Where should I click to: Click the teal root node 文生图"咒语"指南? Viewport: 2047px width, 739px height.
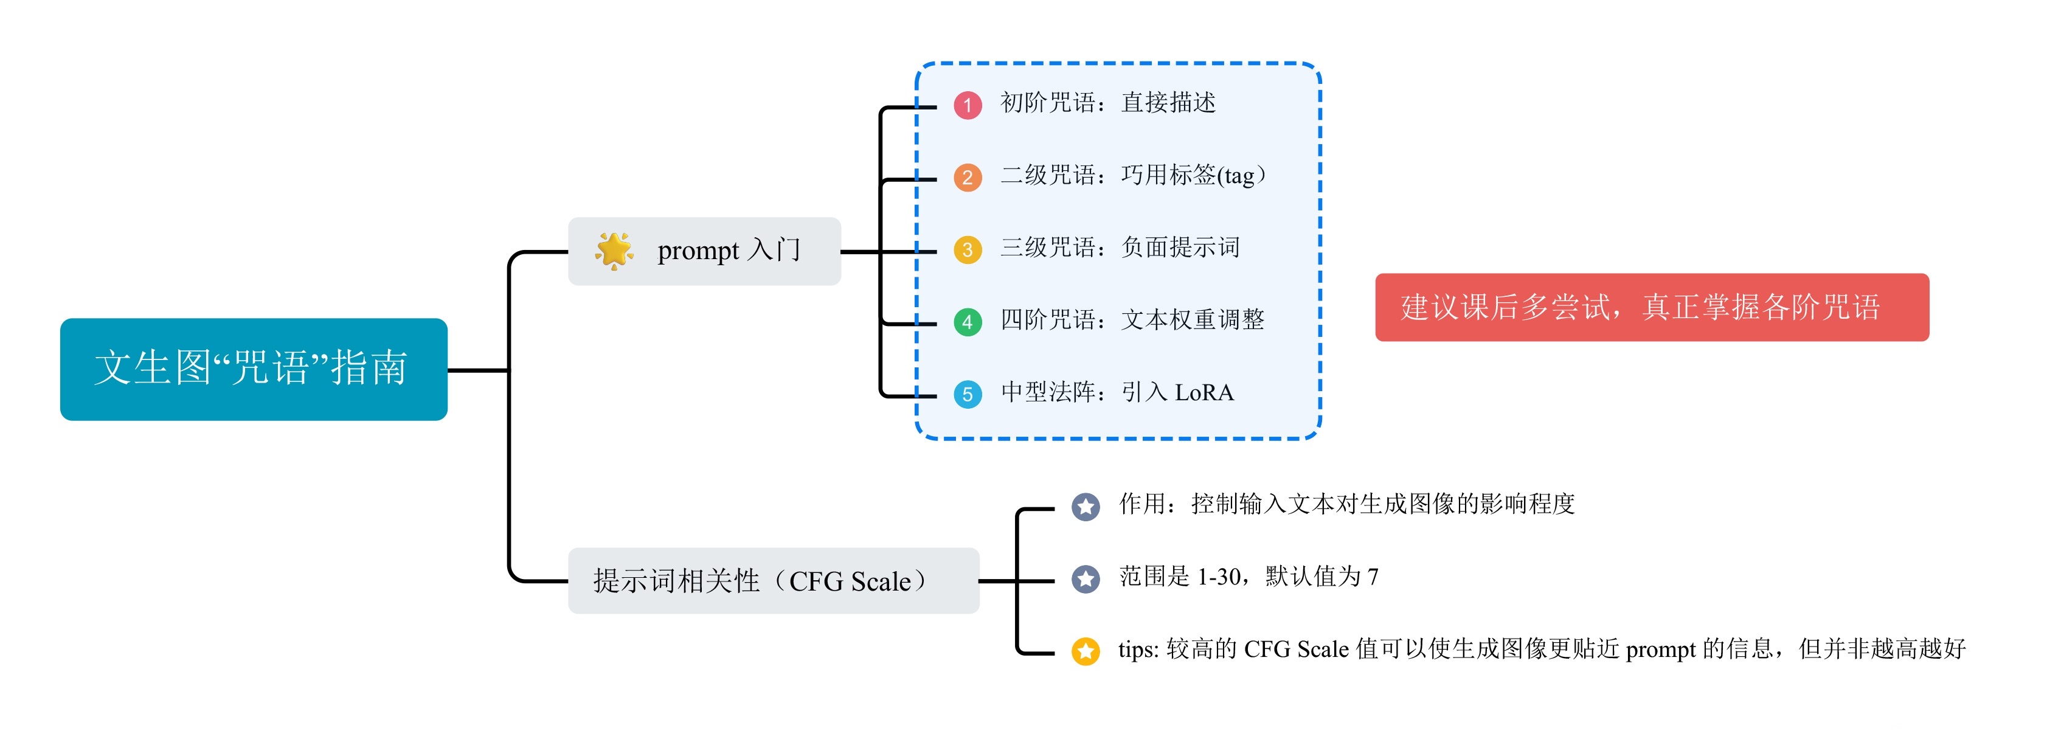coord(254,370)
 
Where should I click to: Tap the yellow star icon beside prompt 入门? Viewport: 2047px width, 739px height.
coord(614,251)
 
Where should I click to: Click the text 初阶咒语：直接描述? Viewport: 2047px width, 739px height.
coord(1108,103)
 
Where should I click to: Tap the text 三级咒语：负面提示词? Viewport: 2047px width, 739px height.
coord(1120,247)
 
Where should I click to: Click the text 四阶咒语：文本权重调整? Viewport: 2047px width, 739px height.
coord(1132,319)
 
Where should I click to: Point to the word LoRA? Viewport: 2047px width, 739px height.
coord(1204,392)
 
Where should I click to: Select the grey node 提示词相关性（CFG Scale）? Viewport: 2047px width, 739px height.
coord(773,581)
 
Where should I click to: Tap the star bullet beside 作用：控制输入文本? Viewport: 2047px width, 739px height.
coord(1086,506)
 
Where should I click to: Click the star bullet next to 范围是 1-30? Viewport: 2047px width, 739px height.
coord(1086,578)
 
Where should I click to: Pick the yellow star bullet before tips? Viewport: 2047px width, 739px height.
coord(1086,651)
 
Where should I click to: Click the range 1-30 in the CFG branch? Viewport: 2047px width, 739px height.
coord(1219,576)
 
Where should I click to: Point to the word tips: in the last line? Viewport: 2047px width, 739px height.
coord(1138,649)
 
